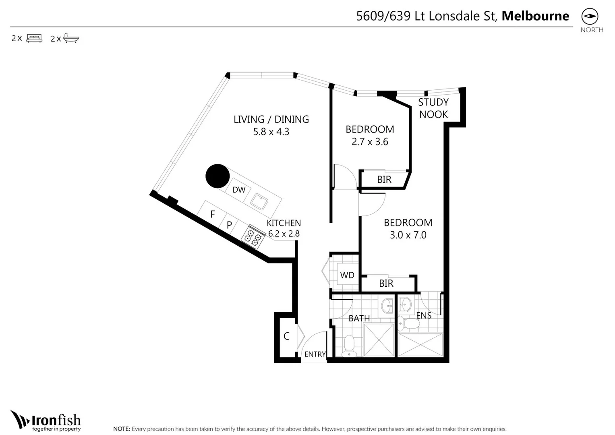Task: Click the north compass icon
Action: click(590, 17)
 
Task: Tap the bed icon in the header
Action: click(34, 38)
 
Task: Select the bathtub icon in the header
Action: click(71, 39)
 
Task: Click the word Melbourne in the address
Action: click(535, 16)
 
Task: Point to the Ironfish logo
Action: click(46, 421)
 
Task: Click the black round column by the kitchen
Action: click(217, 176)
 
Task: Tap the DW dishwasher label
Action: click(239, 190)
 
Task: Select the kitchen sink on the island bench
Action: click(259, 201)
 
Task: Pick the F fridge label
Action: click(213, 214)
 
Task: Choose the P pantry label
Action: click(229, 225)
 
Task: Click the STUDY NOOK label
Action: click(433, 108)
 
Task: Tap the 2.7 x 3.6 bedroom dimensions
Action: click(370, 142)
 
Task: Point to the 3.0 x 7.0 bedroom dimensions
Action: click(408, 235)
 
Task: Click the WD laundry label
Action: click(347, 275)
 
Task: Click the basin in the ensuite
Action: click(405, 305)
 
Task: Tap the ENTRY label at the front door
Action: click(315, 354)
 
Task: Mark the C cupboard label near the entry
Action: click(286, 336)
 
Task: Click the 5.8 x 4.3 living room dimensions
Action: click(271, 132)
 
